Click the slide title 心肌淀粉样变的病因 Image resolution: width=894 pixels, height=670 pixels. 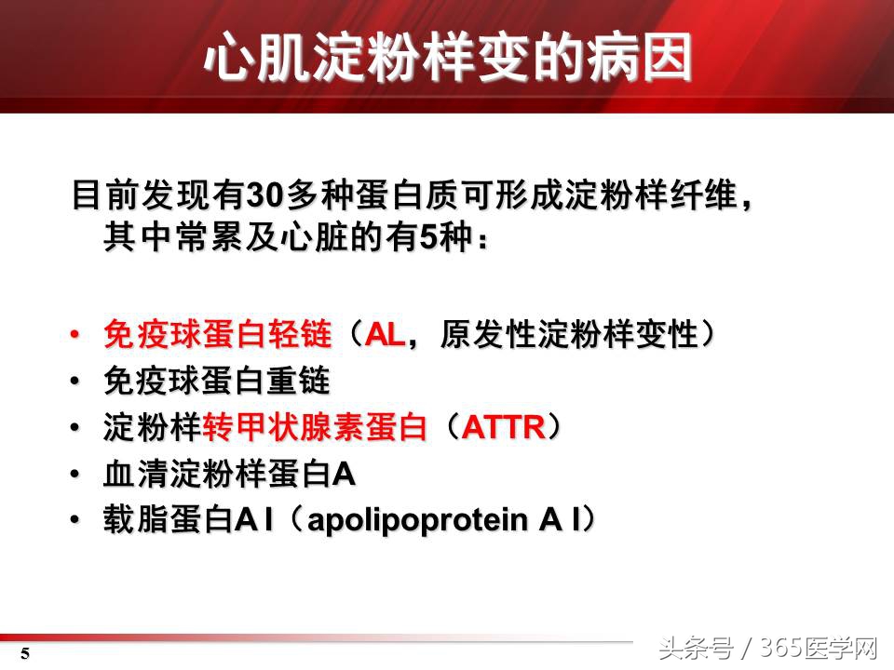[x=448, y=58]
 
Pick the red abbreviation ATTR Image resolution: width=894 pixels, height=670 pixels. [x=503, y=428]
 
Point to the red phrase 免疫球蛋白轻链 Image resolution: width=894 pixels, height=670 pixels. [x=218, y=334]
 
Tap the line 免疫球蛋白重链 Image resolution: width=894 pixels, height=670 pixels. [x=218, y=381]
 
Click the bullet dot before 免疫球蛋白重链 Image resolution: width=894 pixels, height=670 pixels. [x=76, y=382]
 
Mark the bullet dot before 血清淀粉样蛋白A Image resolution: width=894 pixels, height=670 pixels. [x=76, y=476]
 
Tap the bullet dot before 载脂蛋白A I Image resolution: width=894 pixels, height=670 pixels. [x=76, y=522]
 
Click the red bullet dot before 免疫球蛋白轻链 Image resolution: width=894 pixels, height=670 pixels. [x=76, y=335]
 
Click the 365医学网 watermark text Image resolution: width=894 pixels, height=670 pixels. [x=819, y=648]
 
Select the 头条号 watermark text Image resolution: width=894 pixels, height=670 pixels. [x=694, y=648]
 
